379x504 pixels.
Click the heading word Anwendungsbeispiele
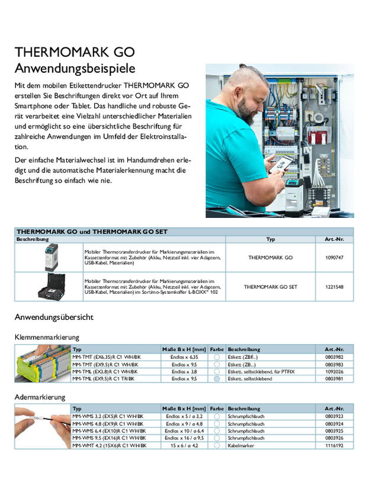(x=75, y=68)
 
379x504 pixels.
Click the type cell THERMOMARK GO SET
(x=270, y=287)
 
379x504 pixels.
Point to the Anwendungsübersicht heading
(x=54, y=317)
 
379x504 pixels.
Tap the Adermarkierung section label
(x=40, y=397)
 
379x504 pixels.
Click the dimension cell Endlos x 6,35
(x=184, y=357)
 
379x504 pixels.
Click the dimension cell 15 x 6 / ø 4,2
(x=184, y=445)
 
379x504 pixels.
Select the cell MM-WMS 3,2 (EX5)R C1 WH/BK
(x=107, y=416)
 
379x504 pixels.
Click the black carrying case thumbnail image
(x=52, y=287)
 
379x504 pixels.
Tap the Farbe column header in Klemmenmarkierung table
(x=217, y=349)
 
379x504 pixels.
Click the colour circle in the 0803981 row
(x=217, y=378)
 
